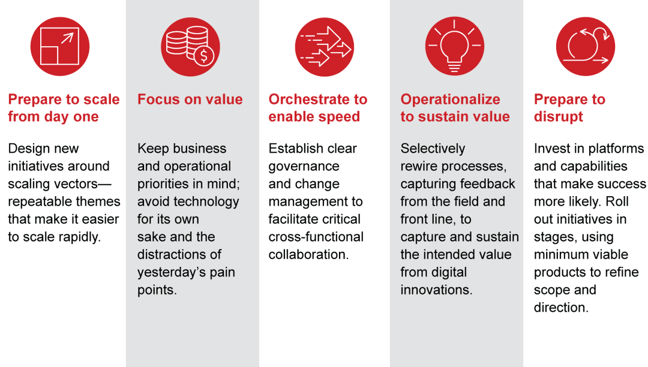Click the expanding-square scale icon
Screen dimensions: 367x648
coord(60,47)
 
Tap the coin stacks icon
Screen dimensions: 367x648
coord(190,47)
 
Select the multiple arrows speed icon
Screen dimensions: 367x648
coord(324,47)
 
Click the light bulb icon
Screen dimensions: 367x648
coord(455,47)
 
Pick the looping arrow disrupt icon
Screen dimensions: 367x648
coord(586,47)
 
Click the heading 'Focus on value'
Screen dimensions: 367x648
coord(190,100)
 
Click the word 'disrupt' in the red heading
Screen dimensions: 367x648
coord(558,117)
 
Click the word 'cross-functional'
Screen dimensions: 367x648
coord(316,237)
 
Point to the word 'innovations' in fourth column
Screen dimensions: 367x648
coord(436,290)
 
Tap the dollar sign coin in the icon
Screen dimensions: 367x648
coord(205,56)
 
